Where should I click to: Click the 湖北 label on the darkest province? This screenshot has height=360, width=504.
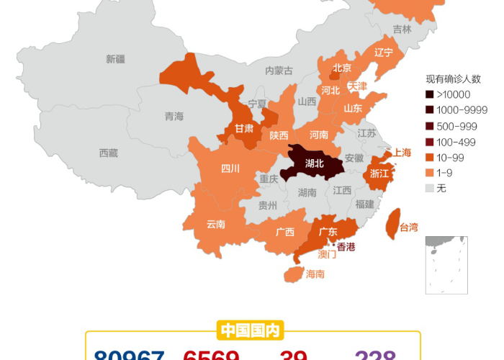coord(315,163)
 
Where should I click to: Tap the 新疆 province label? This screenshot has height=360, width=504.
coord(115,59)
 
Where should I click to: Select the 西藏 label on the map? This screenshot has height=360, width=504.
coord(109,153)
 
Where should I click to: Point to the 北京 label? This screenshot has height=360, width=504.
coord(342,68)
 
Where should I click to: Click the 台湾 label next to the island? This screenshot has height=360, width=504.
coord(408,228)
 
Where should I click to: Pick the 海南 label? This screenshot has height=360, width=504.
coord(315,274)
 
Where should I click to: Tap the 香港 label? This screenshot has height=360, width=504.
coord(346,247)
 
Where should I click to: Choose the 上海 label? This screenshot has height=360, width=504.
coord(402,153)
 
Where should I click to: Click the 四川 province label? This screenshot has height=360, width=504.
coord(230,169)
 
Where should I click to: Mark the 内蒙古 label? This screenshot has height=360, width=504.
coord(279,71)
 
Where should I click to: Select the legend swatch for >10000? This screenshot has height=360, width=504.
coord(429,94)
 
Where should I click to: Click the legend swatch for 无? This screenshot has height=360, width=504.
coord(429,189)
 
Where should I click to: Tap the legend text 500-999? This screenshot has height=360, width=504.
coord(456,126)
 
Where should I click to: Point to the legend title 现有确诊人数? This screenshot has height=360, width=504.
coord(453,78)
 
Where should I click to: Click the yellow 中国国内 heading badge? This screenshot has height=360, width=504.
coord(250,330)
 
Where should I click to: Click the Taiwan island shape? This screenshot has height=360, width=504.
coord(393,224)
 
